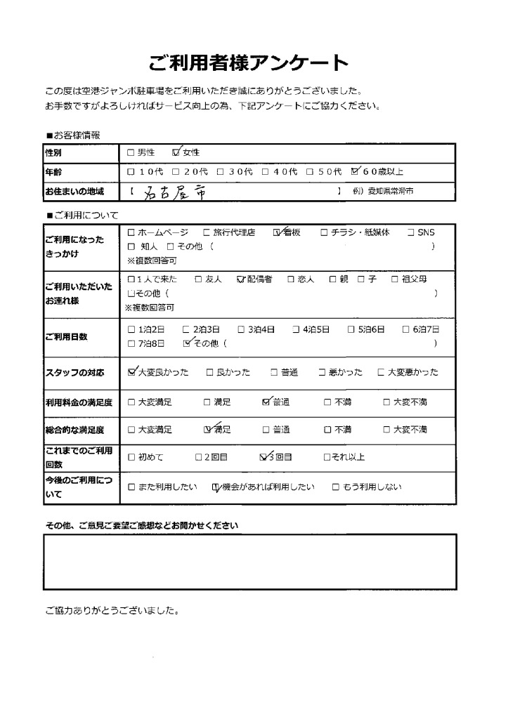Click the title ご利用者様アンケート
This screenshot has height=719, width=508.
point(249,63)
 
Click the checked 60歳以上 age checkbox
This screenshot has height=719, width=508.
point(356,171)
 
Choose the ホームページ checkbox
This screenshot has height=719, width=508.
point(131,232)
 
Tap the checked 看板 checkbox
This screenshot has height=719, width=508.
point(278,232)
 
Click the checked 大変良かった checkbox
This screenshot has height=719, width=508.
point(132,372)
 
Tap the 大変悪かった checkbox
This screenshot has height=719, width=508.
point(381,372)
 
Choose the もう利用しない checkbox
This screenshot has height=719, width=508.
point(336,487)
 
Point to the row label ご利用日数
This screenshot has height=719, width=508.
point(66,337)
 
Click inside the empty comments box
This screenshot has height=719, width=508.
point(249,562)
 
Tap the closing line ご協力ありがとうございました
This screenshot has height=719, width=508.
point(112,609)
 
